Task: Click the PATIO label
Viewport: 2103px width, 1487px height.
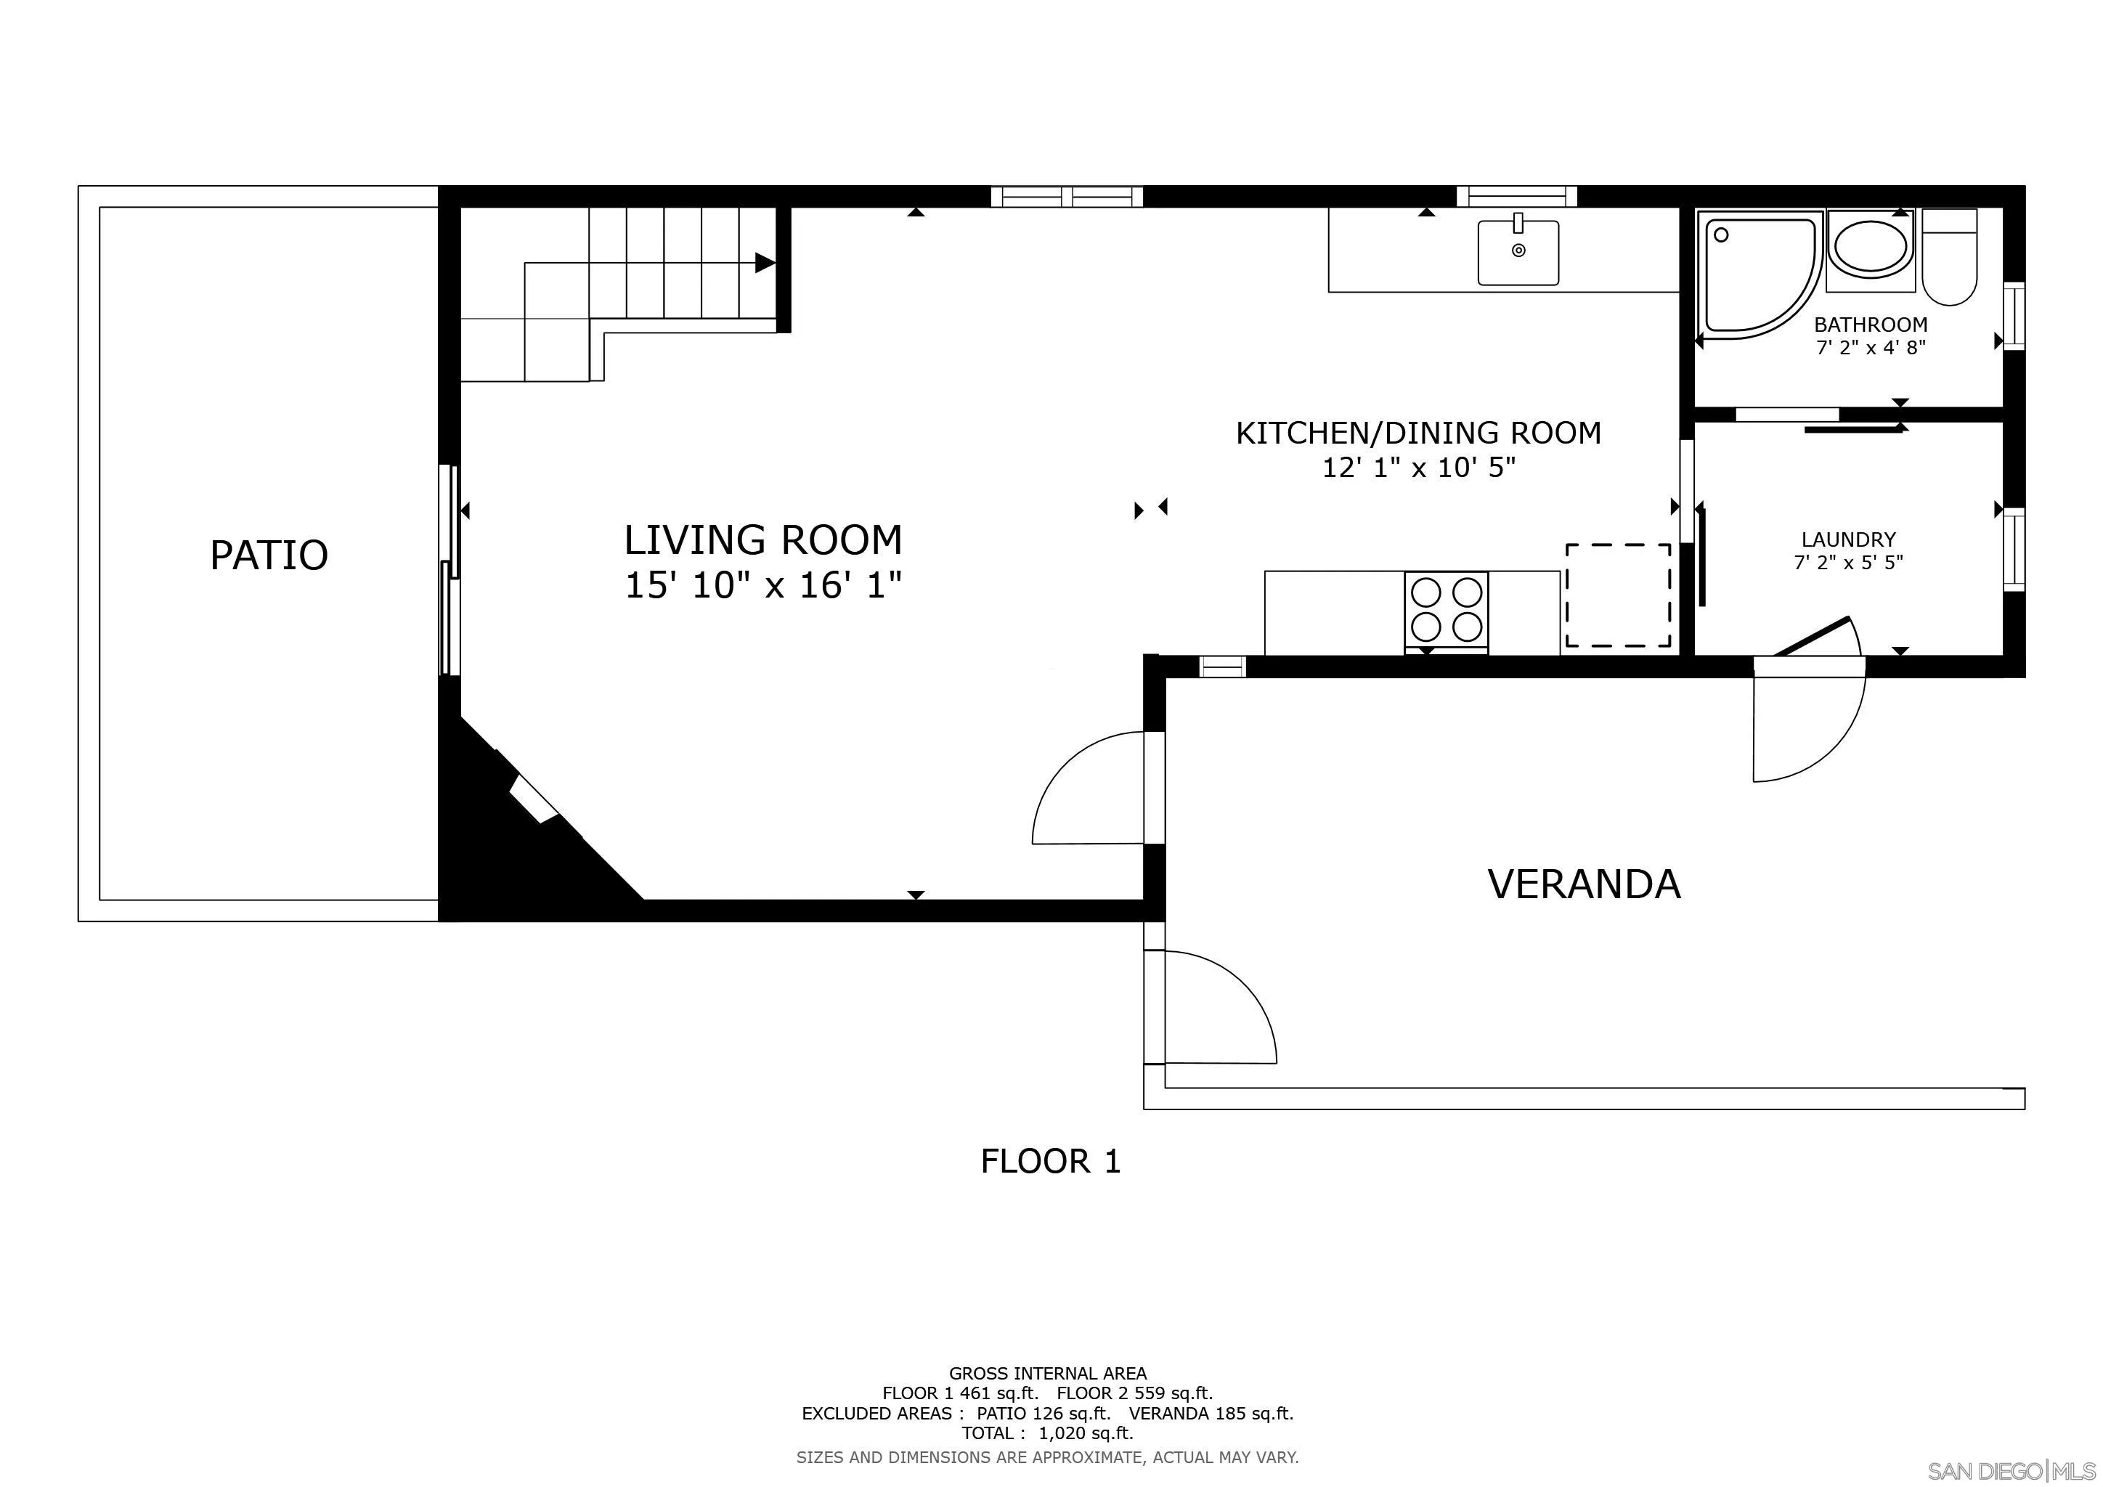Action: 269,555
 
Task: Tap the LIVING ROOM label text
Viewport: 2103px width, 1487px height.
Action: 763,540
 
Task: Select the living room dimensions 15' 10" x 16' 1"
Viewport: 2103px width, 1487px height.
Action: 763,585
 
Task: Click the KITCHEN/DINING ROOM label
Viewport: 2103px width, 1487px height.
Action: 1419,433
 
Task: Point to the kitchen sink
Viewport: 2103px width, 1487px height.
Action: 1518,251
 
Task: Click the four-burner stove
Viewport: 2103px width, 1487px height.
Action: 1447,611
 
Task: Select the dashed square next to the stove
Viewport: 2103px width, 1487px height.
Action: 1619,596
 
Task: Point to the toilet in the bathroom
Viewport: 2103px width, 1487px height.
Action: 1950,256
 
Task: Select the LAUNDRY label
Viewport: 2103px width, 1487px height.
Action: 1848,539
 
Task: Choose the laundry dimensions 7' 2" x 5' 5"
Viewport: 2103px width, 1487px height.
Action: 1848,562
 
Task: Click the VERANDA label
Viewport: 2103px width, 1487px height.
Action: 1584,884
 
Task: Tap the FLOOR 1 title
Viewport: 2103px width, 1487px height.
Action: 1051,1162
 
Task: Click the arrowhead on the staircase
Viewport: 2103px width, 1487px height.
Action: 765,263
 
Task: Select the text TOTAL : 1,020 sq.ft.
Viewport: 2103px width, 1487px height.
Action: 1047,1433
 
